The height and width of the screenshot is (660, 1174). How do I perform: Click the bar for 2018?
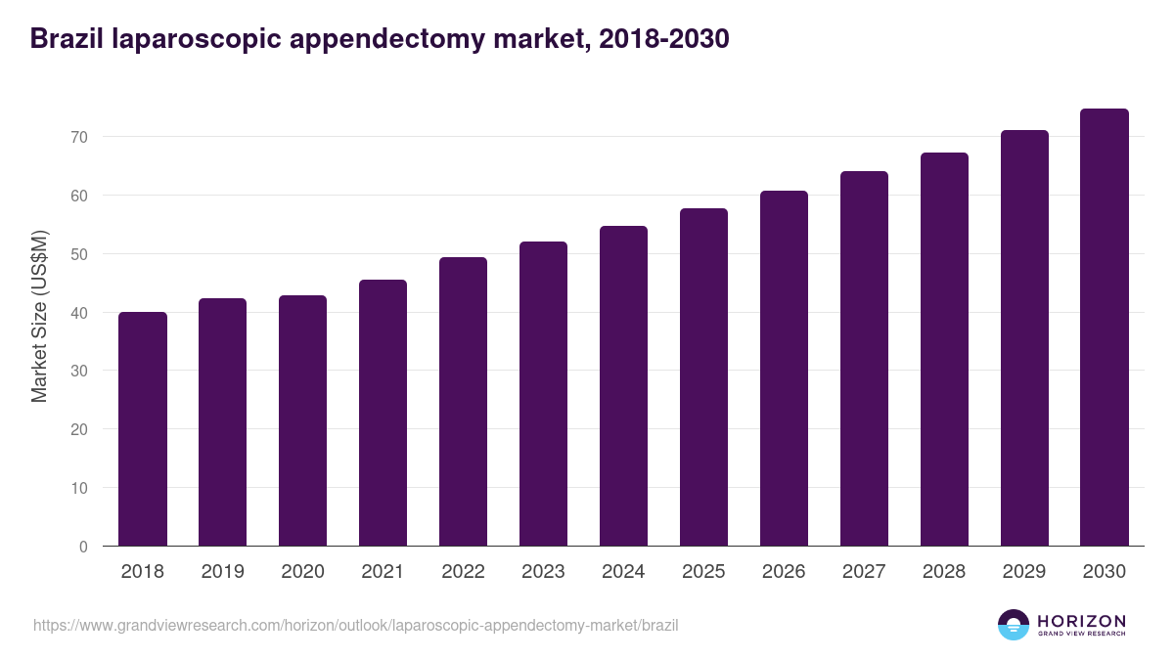coord(143,429)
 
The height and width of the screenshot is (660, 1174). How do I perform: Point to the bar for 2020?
coord(302,420)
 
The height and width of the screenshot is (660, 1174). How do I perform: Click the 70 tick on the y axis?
coord(79,137)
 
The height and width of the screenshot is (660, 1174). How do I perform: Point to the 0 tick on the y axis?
coord(84,547)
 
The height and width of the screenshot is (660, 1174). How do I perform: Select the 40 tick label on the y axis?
coord(79,313)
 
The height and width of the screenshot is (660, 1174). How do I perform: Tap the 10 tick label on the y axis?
coord(79,488)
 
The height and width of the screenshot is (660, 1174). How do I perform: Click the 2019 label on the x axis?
coord(222,572)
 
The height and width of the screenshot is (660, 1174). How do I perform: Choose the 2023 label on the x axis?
coord(543,572)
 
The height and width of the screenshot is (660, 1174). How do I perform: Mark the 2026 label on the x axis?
coord(784,572)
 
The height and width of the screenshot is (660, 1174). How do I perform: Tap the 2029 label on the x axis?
coord(1024,572)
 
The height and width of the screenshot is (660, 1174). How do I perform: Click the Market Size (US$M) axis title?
coord(39,316)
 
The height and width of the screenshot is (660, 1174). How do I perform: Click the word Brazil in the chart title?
coord(68,39)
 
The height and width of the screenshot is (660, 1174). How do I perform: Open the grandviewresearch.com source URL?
coord(355,625)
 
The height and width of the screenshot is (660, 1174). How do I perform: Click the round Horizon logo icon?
coord(1014,625)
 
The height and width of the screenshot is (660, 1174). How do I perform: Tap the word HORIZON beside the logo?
coord(1081,621)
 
